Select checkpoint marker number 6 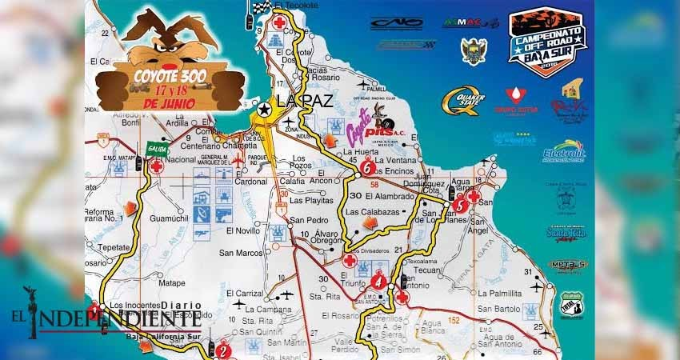coord(366,170)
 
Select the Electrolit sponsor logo coord(565,151)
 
